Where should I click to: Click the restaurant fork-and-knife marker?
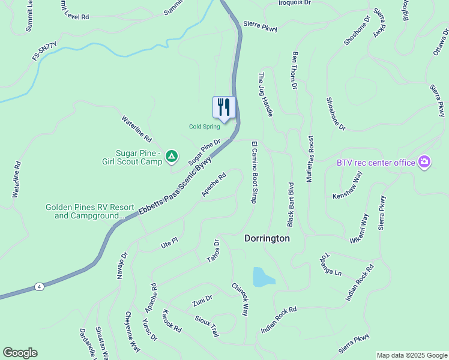(x=224, y=107)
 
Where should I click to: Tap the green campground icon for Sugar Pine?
(x=172, y=157)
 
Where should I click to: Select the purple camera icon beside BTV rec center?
(x=424, y=162)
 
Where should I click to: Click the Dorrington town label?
(x=267, y=238)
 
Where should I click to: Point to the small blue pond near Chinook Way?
(x=263, y=277)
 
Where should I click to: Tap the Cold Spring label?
(x=205, y=127)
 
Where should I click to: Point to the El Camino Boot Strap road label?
(x=254, y=172)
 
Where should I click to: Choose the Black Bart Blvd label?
(x=291, y=204)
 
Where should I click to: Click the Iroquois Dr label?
(x=295, y=3)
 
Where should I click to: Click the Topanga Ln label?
(x=330, y=264)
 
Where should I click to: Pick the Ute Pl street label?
(x=169, y=242)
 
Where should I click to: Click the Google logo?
(x=20, y=353)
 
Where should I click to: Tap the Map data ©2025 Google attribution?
(x=411, y=355)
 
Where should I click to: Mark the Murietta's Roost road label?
(x=310, y=160)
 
